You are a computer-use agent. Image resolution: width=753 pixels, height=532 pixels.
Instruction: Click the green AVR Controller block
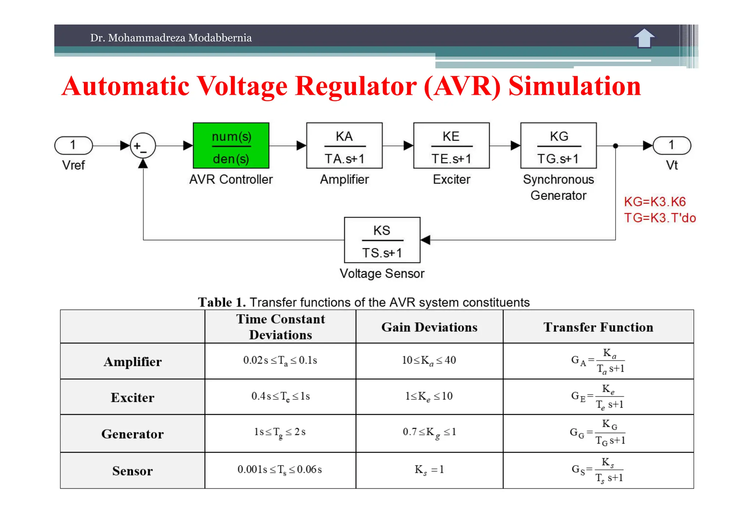[231, 146]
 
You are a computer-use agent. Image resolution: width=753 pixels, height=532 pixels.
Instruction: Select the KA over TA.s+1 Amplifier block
[344, 146]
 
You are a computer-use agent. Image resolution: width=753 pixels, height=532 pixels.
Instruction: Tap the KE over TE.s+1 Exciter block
[451, 146]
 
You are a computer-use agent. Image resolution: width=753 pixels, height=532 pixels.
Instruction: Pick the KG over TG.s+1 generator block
[558, 146]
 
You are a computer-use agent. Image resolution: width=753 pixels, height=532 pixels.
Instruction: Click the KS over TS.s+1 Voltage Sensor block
[382, 240]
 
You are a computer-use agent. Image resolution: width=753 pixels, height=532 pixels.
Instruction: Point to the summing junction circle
[143, 146]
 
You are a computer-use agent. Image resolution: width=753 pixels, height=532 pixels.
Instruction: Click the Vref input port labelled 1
[73, 145]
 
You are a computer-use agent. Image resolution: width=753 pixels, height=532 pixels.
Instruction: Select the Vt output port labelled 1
[672, 145]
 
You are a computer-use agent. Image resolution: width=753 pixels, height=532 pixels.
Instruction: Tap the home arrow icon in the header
[644, 38]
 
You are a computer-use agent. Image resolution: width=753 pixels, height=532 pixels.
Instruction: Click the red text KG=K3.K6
[655, 202]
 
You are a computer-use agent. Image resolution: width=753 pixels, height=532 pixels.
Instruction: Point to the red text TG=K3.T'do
[660, 218]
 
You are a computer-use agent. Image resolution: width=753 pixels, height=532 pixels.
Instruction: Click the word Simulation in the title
[574, 86]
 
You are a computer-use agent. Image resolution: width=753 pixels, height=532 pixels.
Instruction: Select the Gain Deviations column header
[429, 327]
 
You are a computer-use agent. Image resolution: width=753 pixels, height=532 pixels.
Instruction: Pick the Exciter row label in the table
[132, 398]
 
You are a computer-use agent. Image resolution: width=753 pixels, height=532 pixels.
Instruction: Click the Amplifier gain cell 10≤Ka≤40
[429, 360]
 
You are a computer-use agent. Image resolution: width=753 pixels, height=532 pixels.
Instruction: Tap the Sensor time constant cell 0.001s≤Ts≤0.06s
[280, 470]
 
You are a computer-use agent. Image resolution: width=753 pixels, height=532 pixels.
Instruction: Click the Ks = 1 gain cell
[429, 470]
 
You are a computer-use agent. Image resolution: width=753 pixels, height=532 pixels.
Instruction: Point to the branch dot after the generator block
[615, 146]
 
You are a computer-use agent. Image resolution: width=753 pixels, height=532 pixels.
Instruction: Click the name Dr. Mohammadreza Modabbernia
[171, 38]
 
